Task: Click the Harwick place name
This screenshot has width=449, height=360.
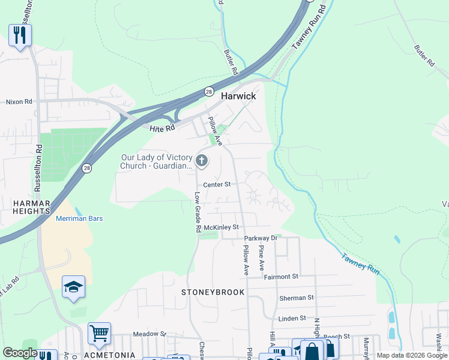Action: point(238,96)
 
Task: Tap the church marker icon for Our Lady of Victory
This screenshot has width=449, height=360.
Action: point(202,161)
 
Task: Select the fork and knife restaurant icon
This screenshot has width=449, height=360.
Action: point(20,35)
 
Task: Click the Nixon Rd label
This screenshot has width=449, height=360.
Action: point(19,102)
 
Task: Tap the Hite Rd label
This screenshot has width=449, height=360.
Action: point(162,127)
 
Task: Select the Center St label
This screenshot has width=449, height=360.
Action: point(217,185)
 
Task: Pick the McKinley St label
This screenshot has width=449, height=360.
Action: point(221,227)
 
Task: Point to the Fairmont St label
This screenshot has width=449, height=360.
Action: point(281,277)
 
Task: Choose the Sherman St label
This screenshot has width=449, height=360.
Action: point(296,298)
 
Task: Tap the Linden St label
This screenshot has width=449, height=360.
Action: point(292,318)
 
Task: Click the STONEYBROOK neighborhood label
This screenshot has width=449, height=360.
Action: point(214,292)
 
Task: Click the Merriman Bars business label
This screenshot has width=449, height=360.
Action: point(79,218)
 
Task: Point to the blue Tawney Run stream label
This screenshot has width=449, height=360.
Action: point(360,265)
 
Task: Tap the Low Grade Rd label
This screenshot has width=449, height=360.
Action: point(197,212)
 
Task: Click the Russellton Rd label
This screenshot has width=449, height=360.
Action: point(38,168)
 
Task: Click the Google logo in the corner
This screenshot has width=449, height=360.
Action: point(20,353)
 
